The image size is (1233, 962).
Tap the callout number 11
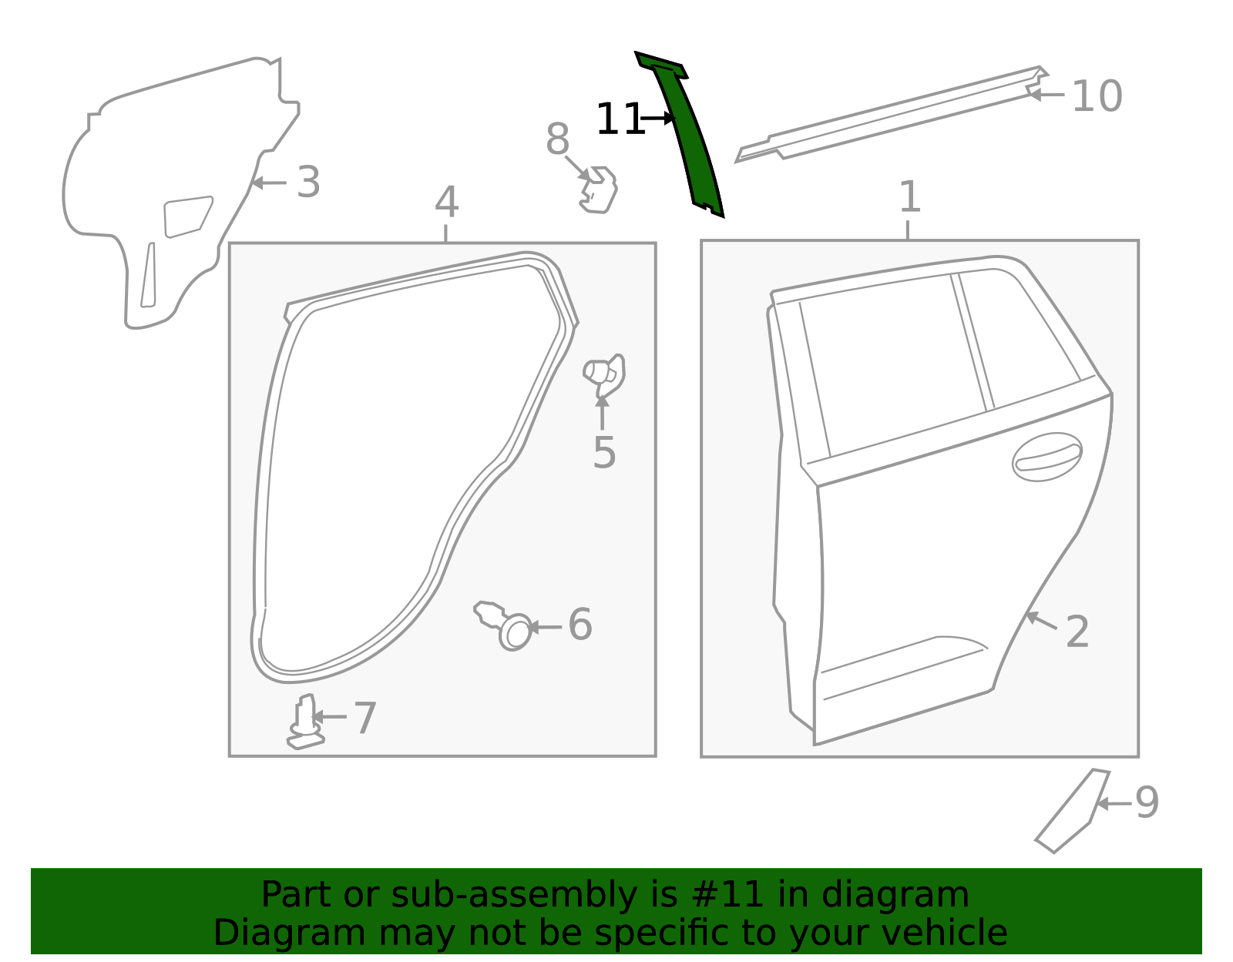tap(620, 119)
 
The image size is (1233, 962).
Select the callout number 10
tap(1097, 96)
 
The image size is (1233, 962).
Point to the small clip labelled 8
tap(599, 190)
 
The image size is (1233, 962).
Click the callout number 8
tap(557, 139)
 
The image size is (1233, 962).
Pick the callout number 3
tap(309, 182)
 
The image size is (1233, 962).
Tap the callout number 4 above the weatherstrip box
tap(446, 202)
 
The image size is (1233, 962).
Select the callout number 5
tap(603, 452)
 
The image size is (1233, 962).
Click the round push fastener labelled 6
tap(504, 625)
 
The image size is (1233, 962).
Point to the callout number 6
tap(580, 625)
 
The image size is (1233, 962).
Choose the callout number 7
tap(365, 719)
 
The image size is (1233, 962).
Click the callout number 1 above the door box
tap(909, 197)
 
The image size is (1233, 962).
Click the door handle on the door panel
tap(1047, 457)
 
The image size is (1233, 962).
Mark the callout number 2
tap(1077, 632)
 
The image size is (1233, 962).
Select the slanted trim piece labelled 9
tap(1073, 810)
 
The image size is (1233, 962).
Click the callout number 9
tap(1147, 803)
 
